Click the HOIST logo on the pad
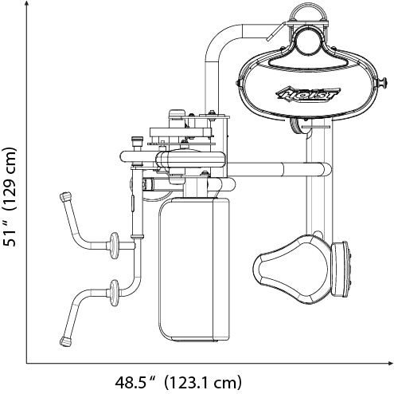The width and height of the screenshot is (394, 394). pyautogui.click(x=308, y=94)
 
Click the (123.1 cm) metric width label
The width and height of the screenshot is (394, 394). pyautogui.click(x=203, y=383)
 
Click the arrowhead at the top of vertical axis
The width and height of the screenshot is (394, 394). pyautogui.click(x=26, y=4)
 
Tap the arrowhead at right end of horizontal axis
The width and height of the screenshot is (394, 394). pyautogui.click(x=390, y=363)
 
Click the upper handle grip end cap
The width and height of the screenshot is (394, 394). pyautogui.click(x=65, y=197)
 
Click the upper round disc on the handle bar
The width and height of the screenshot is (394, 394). pyautogui.click(x=115, y=246)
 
